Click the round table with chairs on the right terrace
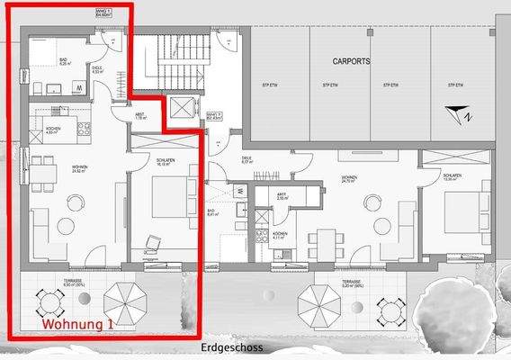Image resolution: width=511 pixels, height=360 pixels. pos(389,311)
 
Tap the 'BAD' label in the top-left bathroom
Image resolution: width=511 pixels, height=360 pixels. pos(64,62)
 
